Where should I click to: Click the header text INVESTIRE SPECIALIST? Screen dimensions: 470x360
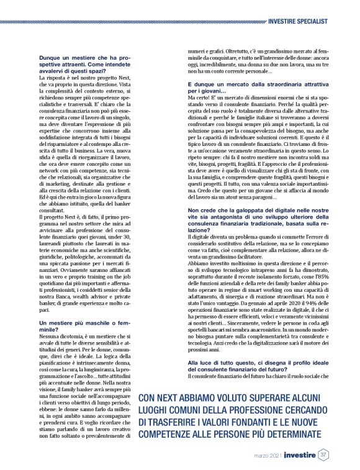298,21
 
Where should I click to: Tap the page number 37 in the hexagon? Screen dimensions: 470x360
323,456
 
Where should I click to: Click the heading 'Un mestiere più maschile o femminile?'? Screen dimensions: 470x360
85,328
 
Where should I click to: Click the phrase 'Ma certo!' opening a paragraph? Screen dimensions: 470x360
200,97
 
